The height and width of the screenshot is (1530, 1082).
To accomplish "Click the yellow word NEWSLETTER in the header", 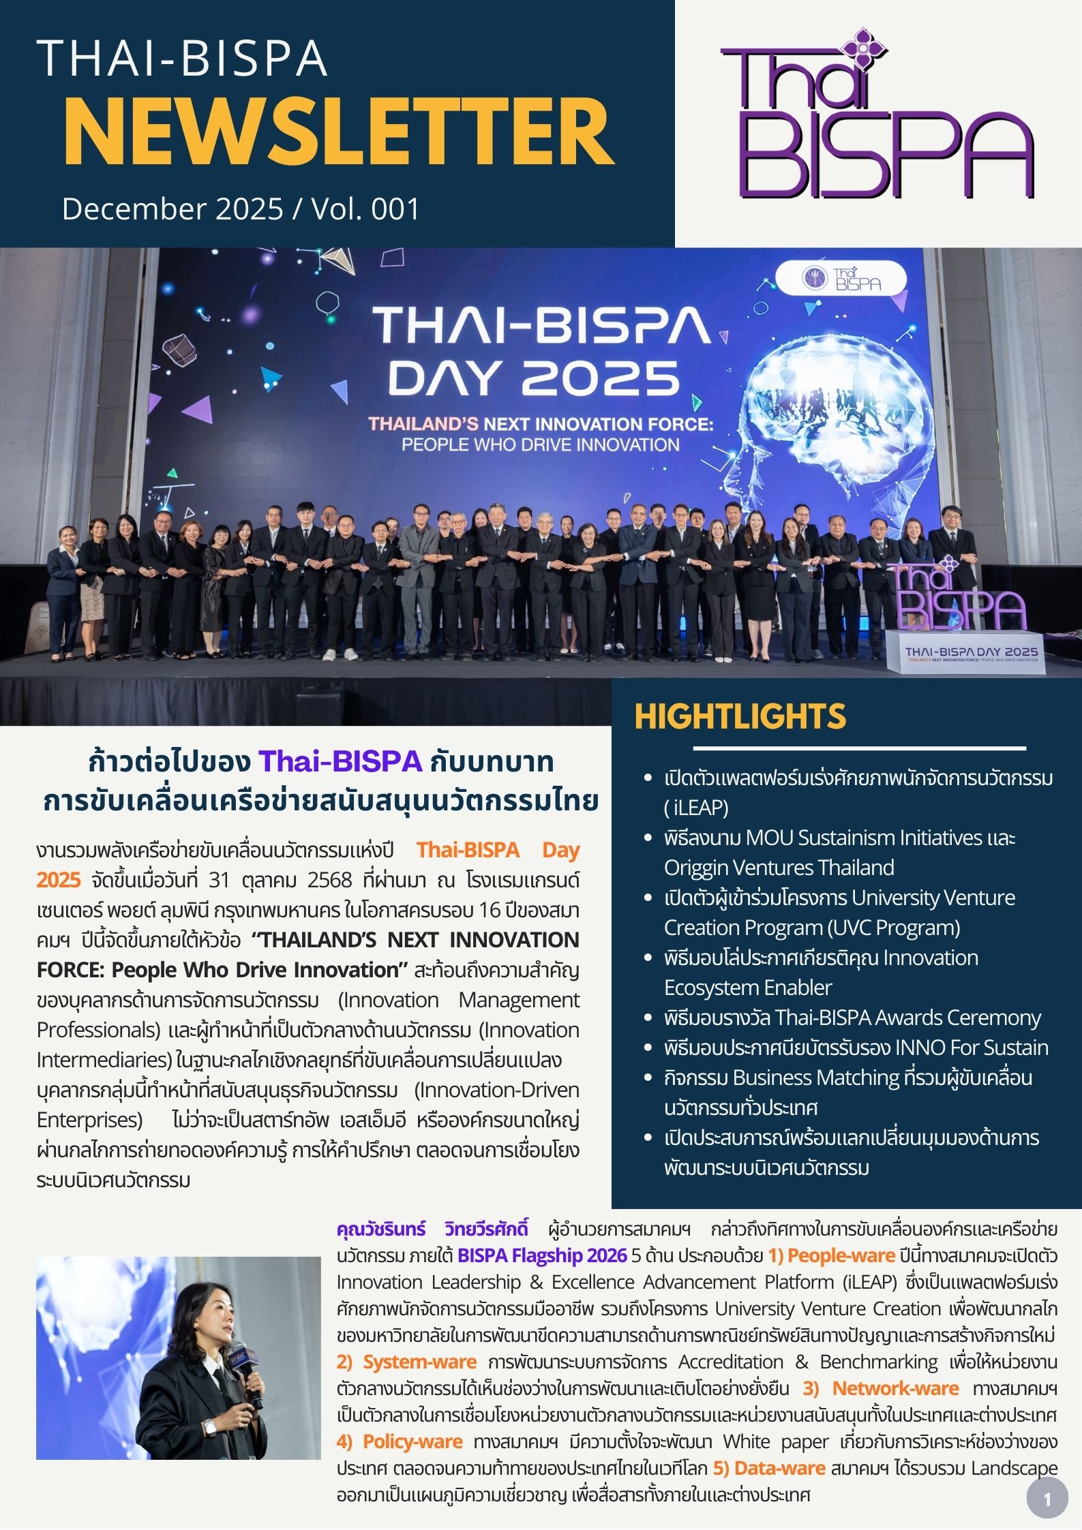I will point(339,131).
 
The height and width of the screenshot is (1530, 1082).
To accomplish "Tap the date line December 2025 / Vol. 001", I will point(240,209).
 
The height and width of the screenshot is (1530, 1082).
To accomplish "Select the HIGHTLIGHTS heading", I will point(740,716).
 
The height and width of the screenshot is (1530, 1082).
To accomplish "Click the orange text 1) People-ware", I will point(831,1255).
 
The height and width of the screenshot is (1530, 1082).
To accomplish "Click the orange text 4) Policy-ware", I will point(400,1441).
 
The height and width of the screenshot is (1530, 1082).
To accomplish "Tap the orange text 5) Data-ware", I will point(769,1468).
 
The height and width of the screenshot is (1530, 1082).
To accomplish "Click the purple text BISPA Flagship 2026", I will point(541,1255).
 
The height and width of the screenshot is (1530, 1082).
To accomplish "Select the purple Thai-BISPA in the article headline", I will point(340,761).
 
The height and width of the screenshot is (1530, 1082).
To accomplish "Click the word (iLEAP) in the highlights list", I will point(696,808).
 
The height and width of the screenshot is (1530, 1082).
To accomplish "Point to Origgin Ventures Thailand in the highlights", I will point(779,868).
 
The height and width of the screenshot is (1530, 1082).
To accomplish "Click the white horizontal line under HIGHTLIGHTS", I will point(859,748).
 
